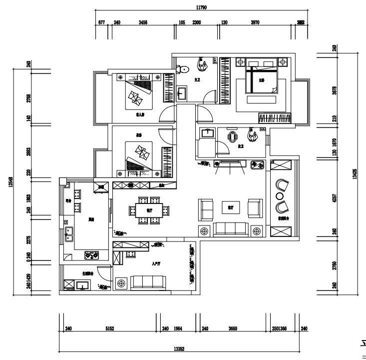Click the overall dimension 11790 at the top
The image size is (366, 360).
tap(202, 7)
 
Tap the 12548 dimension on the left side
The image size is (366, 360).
tap(10, 184)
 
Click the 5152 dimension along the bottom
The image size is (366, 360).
tap(110, 328)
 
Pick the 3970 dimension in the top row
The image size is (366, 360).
tap(257, 23)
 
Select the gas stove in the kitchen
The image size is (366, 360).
tap(91, 255)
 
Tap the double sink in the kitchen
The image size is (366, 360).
tap(68, 233)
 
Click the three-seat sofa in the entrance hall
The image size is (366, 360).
tap(147, 283)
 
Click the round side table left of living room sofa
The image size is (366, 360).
tap(204, 231)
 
